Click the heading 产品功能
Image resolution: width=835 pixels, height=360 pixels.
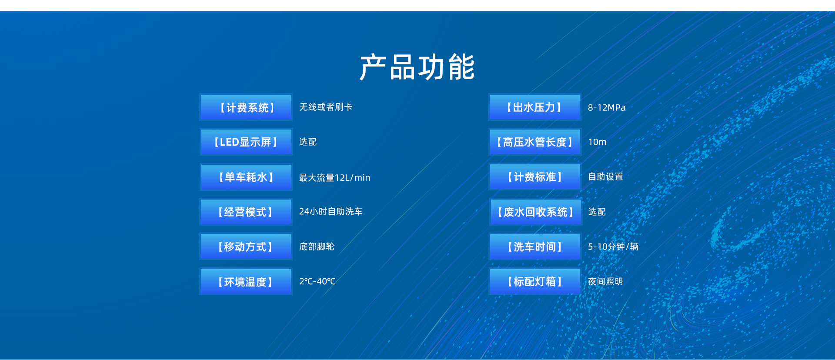coord(417,67)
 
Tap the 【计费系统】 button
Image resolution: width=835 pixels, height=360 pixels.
coord(246,107)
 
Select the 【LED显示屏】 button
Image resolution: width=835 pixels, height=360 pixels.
coord(246,142)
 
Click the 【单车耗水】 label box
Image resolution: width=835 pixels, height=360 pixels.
coord(246,177)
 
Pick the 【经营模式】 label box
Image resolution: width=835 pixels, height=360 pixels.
coord(246,212)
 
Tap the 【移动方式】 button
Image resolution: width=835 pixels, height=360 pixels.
coord(246,247)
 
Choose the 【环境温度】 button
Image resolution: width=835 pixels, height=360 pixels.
coord(246,281)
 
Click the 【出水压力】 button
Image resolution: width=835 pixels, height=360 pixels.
coord(535,107)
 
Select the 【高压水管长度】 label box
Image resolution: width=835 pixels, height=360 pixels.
coord(535,142)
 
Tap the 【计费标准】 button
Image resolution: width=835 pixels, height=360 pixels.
coord(535,177)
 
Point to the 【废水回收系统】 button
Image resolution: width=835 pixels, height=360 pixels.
coord(535,212)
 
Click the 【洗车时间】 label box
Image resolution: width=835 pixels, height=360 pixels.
coord(535,247)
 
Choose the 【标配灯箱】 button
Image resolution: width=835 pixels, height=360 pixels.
coord(535,281)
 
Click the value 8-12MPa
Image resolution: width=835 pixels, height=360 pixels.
coord(607,107)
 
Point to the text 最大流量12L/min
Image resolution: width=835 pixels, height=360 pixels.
coord(334,177)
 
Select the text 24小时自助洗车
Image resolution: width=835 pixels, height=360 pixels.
coord(331,212)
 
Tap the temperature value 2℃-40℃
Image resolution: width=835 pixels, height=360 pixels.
coord(317,281)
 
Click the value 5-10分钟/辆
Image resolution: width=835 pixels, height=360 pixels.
coord(613,247)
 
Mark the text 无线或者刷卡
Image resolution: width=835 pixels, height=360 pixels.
coord(326,107)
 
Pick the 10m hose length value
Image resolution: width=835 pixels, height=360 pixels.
coord(597,142)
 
